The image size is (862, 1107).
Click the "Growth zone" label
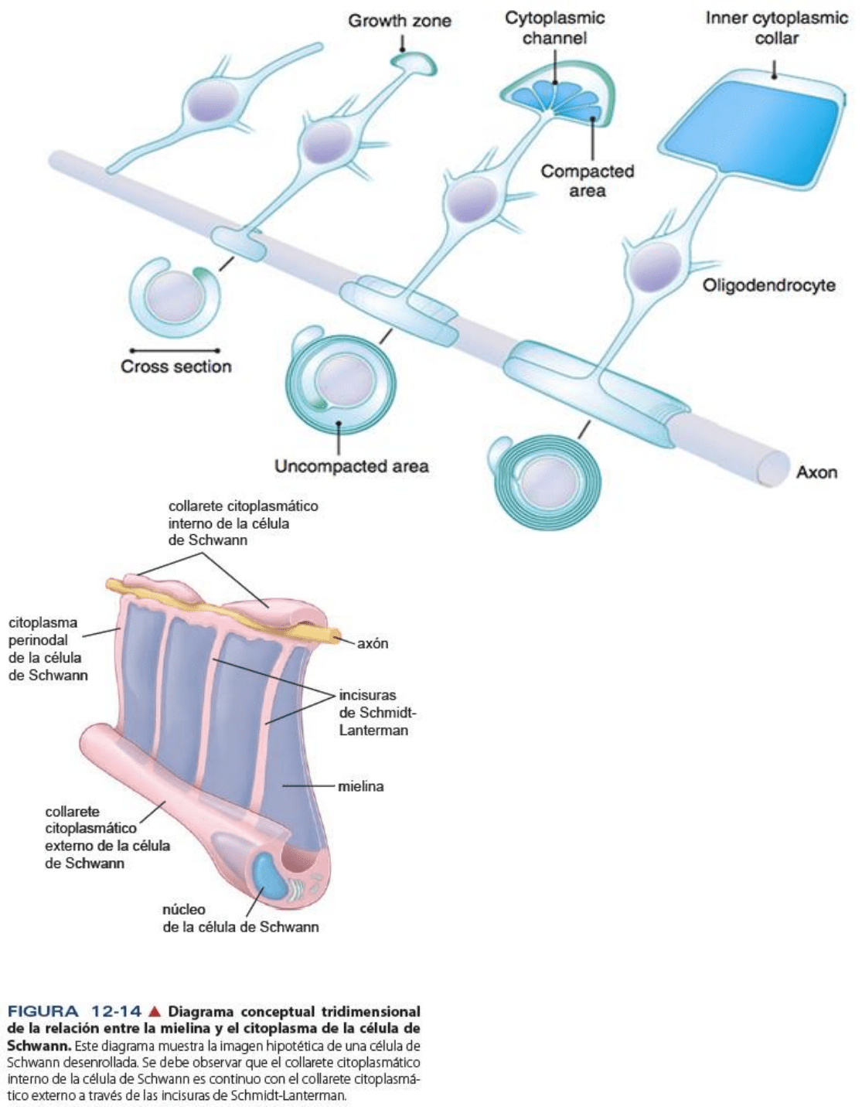point(399,21)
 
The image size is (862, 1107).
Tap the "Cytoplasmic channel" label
point(554,28)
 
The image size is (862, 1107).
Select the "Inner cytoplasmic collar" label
point(776,28)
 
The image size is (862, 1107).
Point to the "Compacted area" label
point(587,181)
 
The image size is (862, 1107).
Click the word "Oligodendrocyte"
point(768,285)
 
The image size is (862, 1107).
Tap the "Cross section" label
point(175,366)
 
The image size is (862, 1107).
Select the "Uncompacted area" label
point(351,466)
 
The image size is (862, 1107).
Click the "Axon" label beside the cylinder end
point(816,472)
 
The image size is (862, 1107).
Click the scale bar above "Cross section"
point(175,350)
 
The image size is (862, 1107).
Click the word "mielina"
point(360,786)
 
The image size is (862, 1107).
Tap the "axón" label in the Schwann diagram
point(373,643)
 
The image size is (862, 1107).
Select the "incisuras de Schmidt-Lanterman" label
point(373,713)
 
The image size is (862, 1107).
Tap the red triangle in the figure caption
point(155,1011)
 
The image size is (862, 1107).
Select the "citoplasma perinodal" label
point(46,648)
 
